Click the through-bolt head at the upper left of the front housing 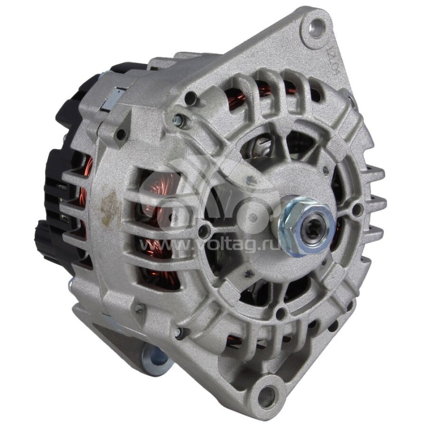[x=179, y=121]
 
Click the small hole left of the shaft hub [x=203, y=231]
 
